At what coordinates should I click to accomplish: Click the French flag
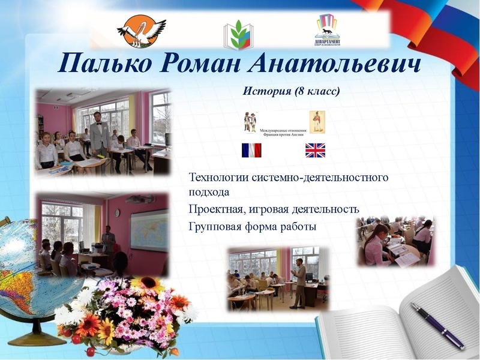(x=251, y=150)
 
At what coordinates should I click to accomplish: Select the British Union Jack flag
(x=315, y=150)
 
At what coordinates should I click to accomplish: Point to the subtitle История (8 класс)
(x=292, y=91)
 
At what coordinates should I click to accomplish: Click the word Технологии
(x=220, y=178)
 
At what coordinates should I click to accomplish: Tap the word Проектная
(x=216, y=209)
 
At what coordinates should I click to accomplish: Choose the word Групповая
(x=216, y=227)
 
